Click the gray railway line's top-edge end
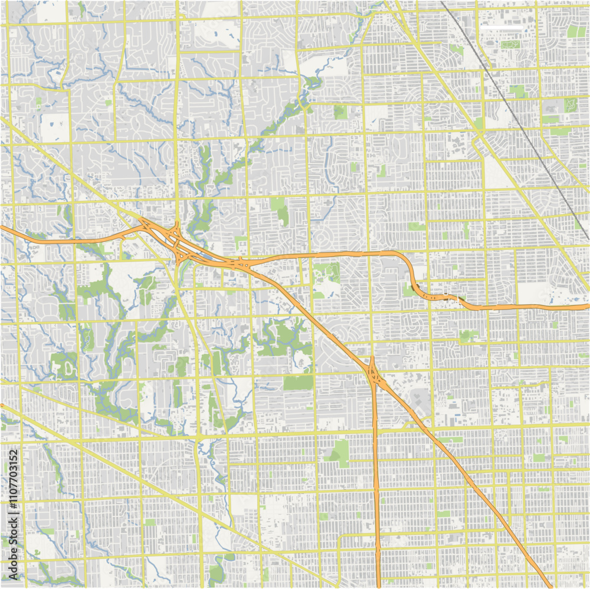pyautogui.click(x=441, y=2)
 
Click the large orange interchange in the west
pyautogui.click(x=177, y=242)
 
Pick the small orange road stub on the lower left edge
pyautogui.click(x=2, y=406)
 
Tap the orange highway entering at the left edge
pyautogui.click(x=2, y=226)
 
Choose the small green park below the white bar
pyautogui.click(x=507, y=44)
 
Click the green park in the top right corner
pyautogui.click(x=576, y=31)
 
